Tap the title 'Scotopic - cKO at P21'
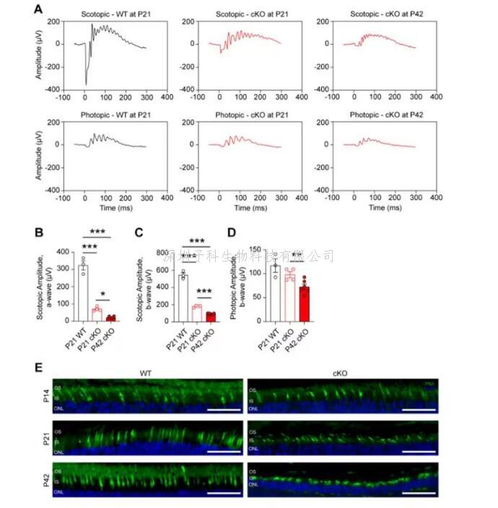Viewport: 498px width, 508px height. click(249, 15)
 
